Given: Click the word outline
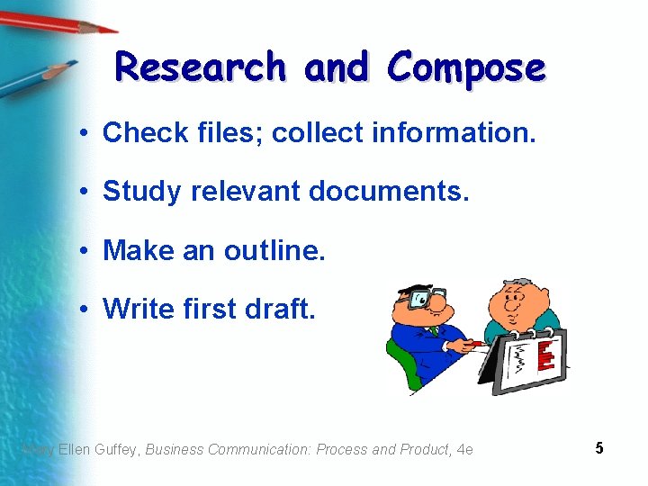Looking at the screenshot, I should click(274, 250).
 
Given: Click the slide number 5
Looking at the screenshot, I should click(598, 447).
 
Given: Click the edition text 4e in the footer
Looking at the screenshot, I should click(465, 449).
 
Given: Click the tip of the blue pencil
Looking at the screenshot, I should click(73, 66).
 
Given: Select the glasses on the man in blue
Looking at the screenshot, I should click(423, 298).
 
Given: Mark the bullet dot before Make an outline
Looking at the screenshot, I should click(82, 251).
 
